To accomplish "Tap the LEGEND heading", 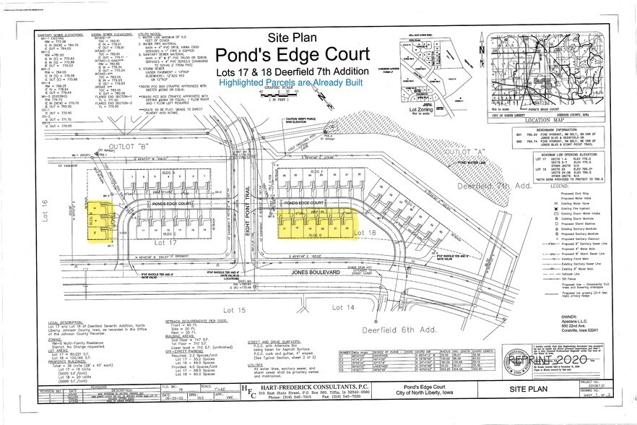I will (x=560, y=186).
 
